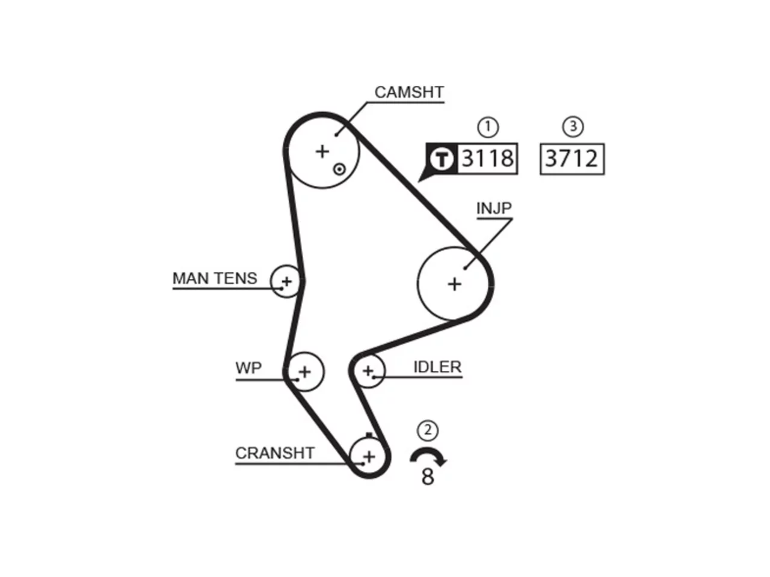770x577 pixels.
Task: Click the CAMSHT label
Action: (409, 93)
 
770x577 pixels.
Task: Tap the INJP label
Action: (494, 209)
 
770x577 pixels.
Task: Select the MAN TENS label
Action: (215, 278)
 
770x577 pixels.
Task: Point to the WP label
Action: (248, 368)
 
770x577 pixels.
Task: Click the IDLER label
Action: (437, 367)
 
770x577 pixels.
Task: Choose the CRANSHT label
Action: (275, 453)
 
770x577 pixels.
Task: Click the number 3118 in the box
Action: (488, 158)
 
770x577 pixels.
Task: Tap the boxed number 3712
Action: (572, 159)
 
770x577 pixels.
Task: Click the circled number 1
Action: (488, 127)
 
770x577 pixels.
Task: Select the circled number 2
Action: (428, 430)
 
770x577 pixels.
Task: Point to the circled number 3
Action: (573, 126)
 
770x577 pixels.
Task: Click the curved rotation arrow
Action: (428, 451)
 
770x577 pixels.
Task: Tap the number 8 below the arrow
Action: (428, 477)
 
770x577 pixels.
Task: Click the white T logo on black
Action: (442, 159)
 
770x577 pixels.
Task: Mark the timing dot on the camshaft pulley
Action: (339, 169)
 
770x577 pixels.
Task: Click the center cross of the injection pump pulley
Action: (454, 284)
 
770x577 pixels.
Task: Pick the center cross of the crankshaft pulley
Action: (369, 457)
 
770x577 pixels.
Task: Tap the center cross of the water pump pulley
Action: (305, 371)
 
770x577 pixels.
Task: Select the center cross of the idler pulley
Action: (368, 371)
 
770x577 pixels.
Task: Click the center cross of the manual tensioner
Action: (287, 282)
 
